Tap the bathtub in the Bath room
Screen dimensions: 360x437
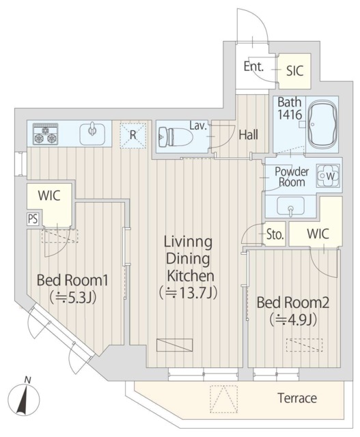tap(322, 124)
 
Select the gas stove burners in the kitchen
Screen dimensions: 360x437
tap(45, 134)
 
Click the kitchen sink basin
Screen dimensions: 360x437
tap(92, 134)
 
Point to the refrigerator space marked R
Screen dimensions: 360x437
tap(133, 135)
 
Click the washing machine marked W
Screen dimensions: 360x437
tap(328, 176)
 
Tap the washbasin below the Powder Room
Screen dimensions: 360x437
tap(290, 206)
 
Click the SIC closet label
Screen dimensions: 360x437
tap(294, 71)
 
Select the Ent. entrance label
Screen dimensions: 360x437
tap(253, 66)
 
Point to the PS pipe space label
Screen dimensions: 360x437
tap(33, 219)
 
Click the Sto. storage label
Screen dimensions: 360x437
tap(275, 234)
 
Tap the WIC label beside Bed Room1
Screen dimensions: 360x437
tap(49, 195)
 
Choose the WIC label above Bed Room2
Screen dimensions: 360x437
tap(318, 234)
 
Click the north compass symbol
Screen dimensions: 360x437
tap(24, 397)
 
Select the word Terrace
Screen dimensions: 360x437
tap(297, 398)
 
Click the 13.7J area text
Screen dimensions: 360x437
tap(189, 293)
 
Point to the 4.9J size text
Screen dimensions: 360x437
tap(293, 320)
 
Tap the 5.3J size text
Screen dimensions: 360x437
tap(73, 298)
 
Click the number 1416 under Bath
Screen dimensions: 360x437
tap(290, 115)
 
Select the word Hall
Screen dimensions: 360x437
tap(249, 135)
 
